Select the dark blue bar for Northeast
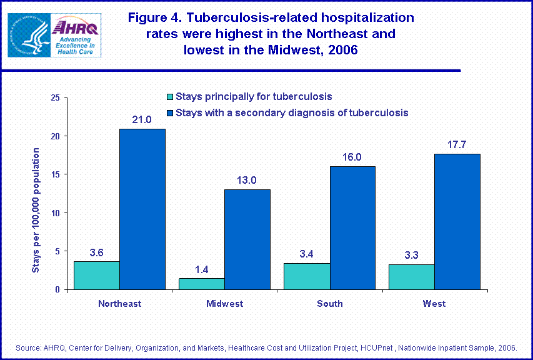point(142,209)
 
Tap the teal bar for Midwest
point(202,284)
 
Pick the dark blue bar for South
point(352,227)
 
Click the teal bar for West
point(412,277)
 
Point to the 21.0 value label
point(142,119)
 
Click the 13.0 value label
point(247,180)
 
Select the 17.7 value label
point(457,144)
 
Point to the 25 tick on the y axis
point(55,98)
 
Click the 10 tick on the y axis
point(55,213)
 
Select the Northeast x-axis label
point(119,304)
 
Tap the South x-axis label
point(329,304)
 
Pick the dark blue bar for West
point(457,221)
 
